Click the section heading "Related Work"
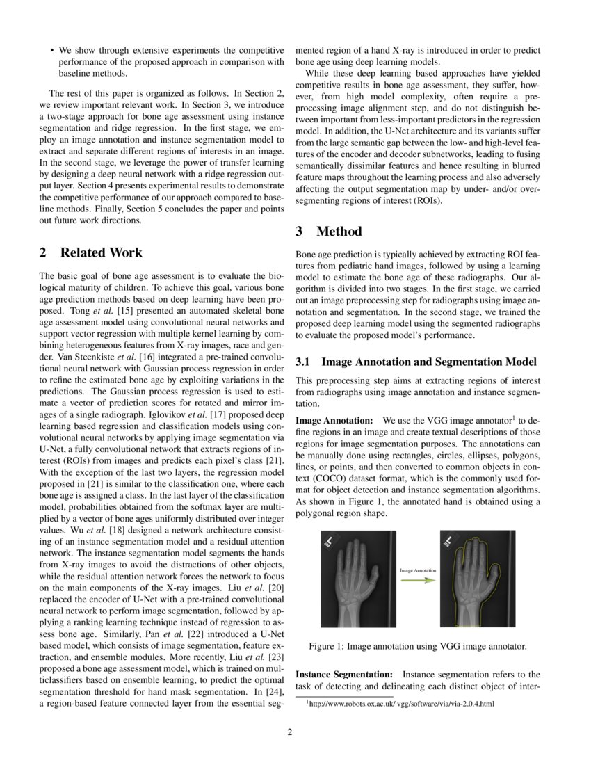pos(101,252)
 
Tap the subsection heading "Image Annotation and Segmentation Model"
pos(429,362)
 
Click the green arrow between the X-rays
pos(417,581)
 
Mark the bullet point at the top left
pos(52,51)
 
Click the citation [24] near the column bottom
pos(273,692)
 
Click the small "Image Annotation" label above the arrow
pos(418,570)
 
